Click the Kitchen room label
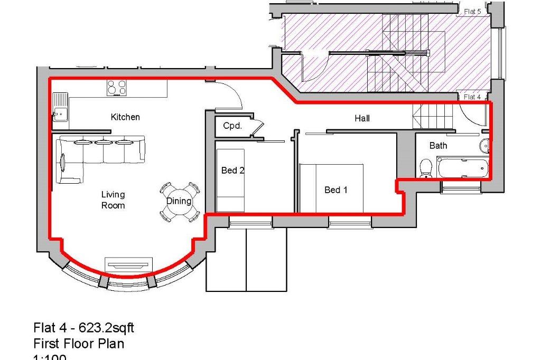[125, 117]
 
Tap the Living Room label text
[113, 200]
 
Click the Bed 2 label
[232, 170]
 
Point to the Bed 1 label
[335, 190]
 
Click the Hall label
[362, 119]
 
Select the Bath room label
[438, 145]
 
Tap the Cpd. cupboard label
[232, 126]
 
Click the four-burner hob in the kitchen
[117, 88]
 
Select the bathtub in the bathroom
[462, 168]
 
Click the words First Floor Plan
[79, 344]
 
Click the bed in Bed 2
[230, 179]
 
